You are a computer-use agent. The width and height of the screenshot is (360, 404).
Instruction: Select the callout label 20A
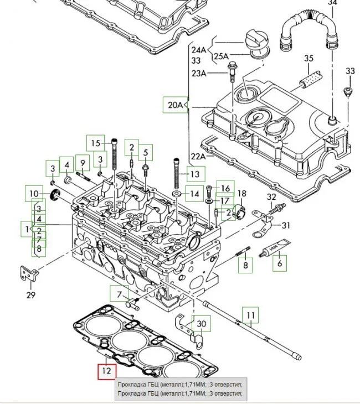point(176,104)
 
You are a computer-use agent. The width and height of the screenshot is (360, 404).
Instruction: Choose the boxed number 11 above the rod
point(251,316)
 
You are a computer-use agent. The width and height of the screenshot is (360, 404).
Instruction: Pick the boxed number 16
point(225,189)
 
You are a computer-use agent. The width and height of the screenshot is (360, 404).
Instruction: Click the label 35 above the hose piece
point(308,59)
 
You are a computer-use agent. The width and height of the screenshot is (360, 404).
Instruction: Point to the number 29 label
point(30,295)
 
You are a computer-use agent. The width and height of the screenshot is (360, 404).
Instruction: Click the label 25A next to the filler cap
point(221,56)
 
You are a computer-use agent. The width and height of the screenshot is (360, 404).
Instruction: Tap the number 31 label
point(285,225)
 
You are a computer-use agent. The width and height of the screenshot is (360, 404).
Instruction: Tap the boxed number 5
point(146,153)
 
